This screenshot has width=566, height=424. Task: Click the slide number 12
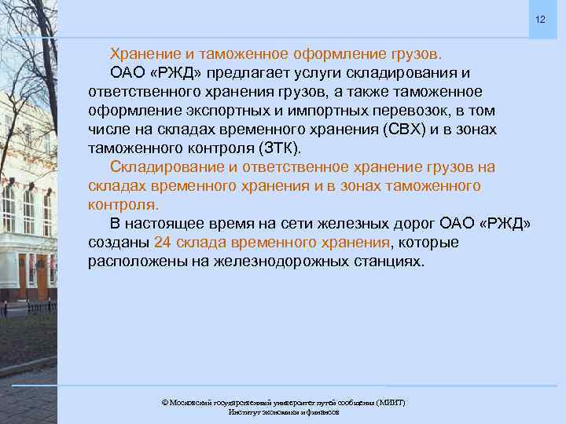[540, 18]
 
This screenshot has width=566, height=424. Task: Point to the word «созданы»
[119, 242]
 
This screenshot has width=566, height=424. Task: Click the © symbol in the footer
[164, 402]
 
